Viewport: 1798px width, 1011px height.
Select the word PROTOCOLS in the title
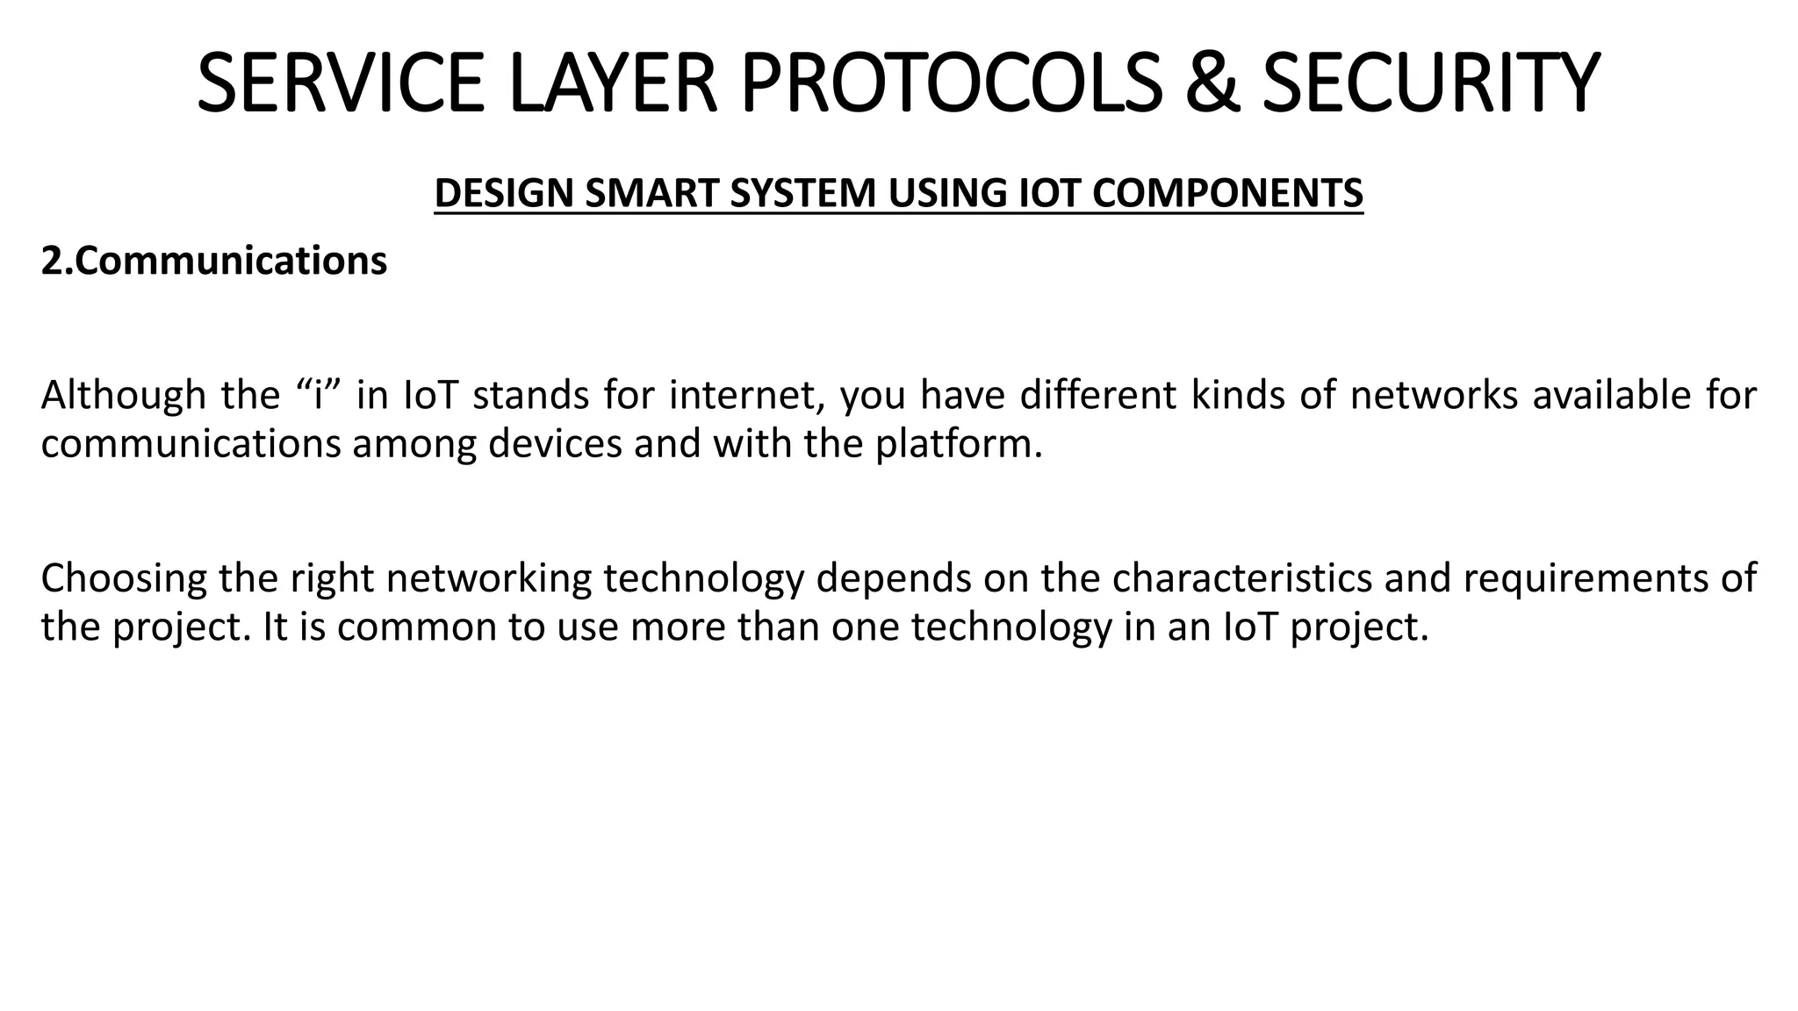pyautogui.click(x=953, y=83)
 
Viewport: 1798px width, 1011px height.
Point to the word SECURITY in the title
pyautogui.click(x=1430, y=83)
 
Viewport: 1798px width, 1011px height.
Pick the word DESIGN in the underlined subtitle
pyautogui.click(x=504, y=194)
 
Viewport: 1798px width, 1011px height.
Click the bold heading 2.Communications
pyautogui.click(x=214, y=262)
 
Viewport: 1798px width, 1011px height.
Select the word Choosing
pyautogui.click(x=124, y=579)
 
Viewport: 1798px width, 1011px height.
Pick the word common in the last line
pyautogui.click(x=416, y=627)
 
